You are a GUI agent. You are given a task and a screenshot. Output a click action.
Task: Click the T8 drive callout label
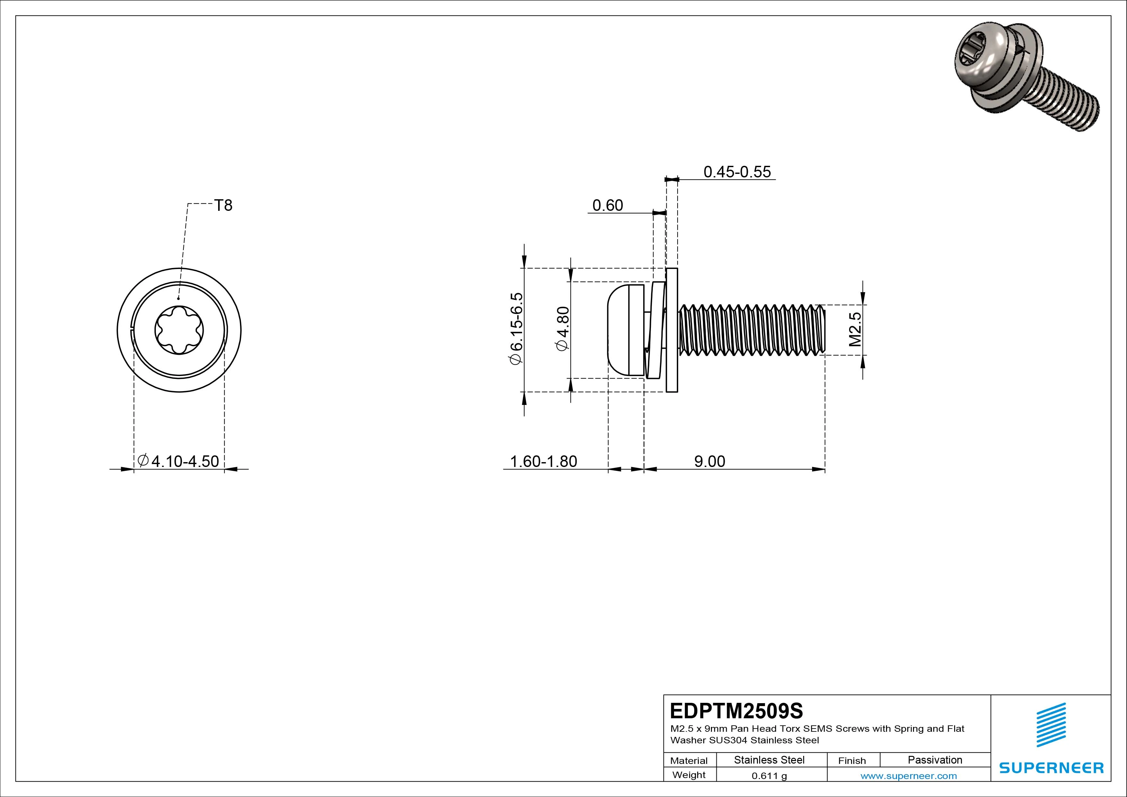(223, 205)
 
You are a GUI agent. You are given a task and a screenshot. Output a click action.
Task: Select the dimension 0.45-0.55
(737, 172)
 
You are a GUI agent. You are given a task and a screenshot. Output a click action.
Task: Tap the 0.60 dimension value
(608, 205)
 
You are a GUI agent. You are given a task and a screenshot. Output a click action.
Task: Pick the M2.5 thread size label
(856, 329)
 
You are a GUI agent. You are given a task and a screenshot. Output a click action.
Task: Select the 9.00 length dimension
(709, 461)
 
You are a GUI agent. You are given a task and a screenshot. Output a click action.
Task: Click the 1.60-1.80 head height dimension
(543, 461)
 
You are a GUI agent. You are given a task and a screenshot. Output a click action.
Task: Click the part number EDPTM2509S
(736, 711)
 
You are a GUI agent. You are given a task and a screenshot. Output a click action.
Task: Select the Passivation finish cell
(935, 760)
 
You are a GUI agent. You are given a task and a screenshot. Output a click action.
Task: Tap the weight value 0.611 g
(769, 776)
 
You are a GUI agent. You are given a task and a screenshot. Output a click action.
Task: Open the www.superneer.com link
(909, 776)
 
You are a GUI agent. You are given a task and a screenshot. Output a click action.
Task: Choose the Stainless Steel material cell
(769, 760)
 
